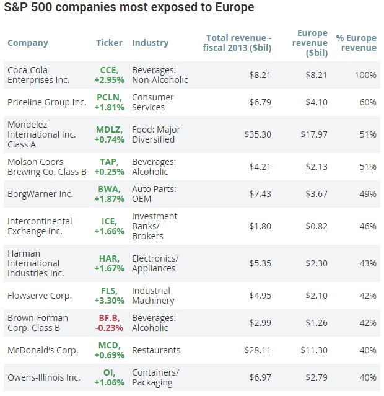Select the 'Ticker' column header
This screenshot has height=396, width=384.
[109, 43]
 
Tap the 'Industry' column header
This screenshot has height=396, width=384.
[150, 43]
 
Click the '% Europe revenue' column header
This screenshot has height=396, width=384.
[356, 43]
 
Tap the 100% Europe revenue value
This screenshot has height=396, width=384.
[365, 75]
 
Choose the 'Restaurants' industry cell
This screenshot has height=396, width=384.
[156, 350]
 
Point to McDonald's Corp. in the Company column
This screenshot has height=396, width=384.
[43, 350]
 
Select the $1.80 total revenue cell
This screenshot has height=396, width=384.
[260, 226]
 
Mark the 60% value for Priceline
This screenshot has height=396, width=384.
[368, 102]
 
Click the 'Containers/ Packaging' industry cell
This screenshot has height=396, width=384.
[155, 377]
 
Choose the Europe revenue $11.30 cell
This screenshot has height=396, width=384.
[314, 350]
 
